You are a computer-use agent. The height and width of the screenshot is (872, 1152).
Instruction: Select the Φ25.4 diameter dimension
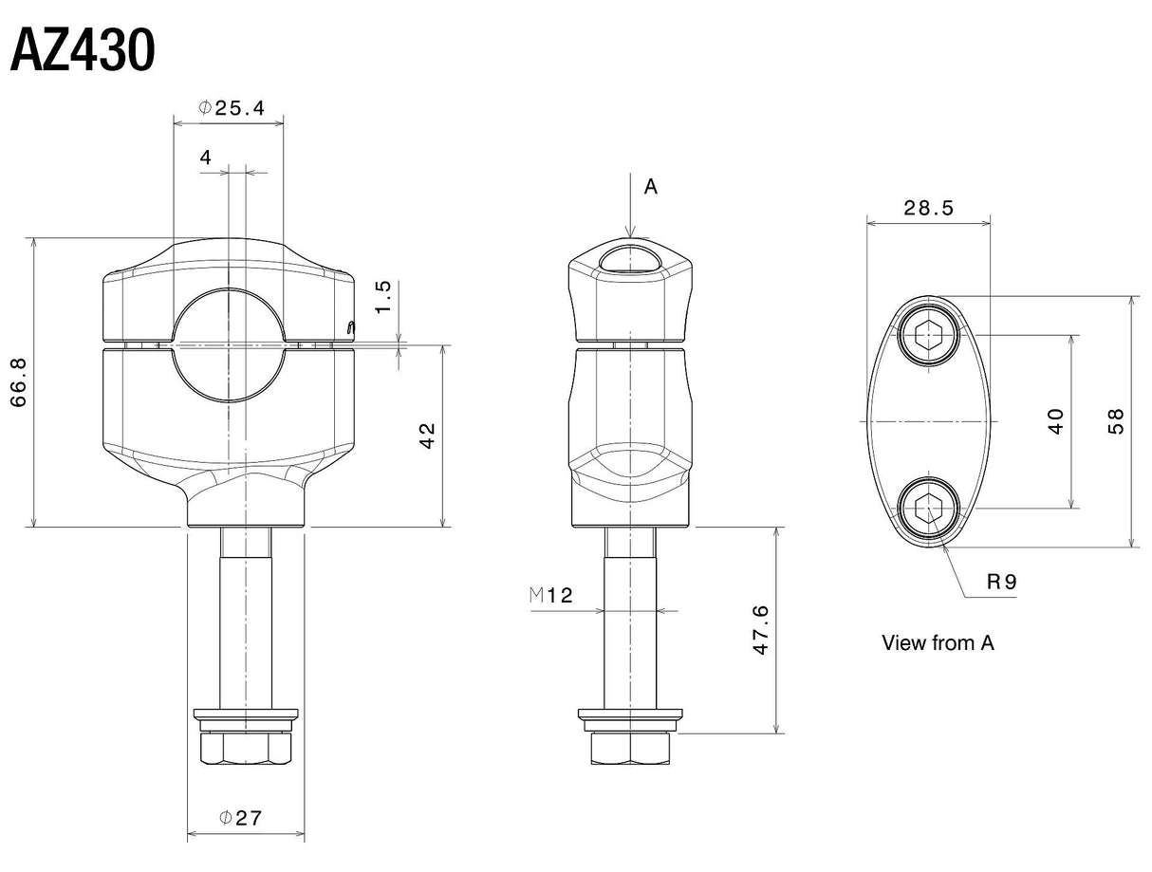point(231,108)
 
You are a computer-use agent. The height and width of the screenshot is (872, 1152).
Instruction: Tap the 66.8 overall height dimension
point(19,382)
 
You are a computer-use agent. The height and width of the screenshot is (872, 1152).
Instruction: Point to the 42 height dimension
point(428,436)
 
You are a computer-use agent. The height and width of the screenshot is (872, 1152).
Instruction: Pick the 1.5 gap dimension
point(383,296)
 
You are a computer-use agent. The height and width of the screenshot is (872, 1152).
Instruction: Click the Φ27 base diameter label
point(240,817)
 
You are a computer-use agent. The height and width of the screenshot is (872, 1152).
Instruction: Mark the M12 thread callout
point(550,596)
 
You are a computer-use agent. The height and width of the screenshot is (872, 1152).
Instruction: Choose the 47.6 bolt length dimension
point(760,630)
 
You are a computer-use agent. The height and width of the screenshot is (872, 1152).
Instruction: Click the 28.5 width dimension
point(928,209)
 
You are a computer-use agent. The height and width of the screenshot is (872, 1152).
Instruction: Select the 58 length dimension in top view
point(1116,420)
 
